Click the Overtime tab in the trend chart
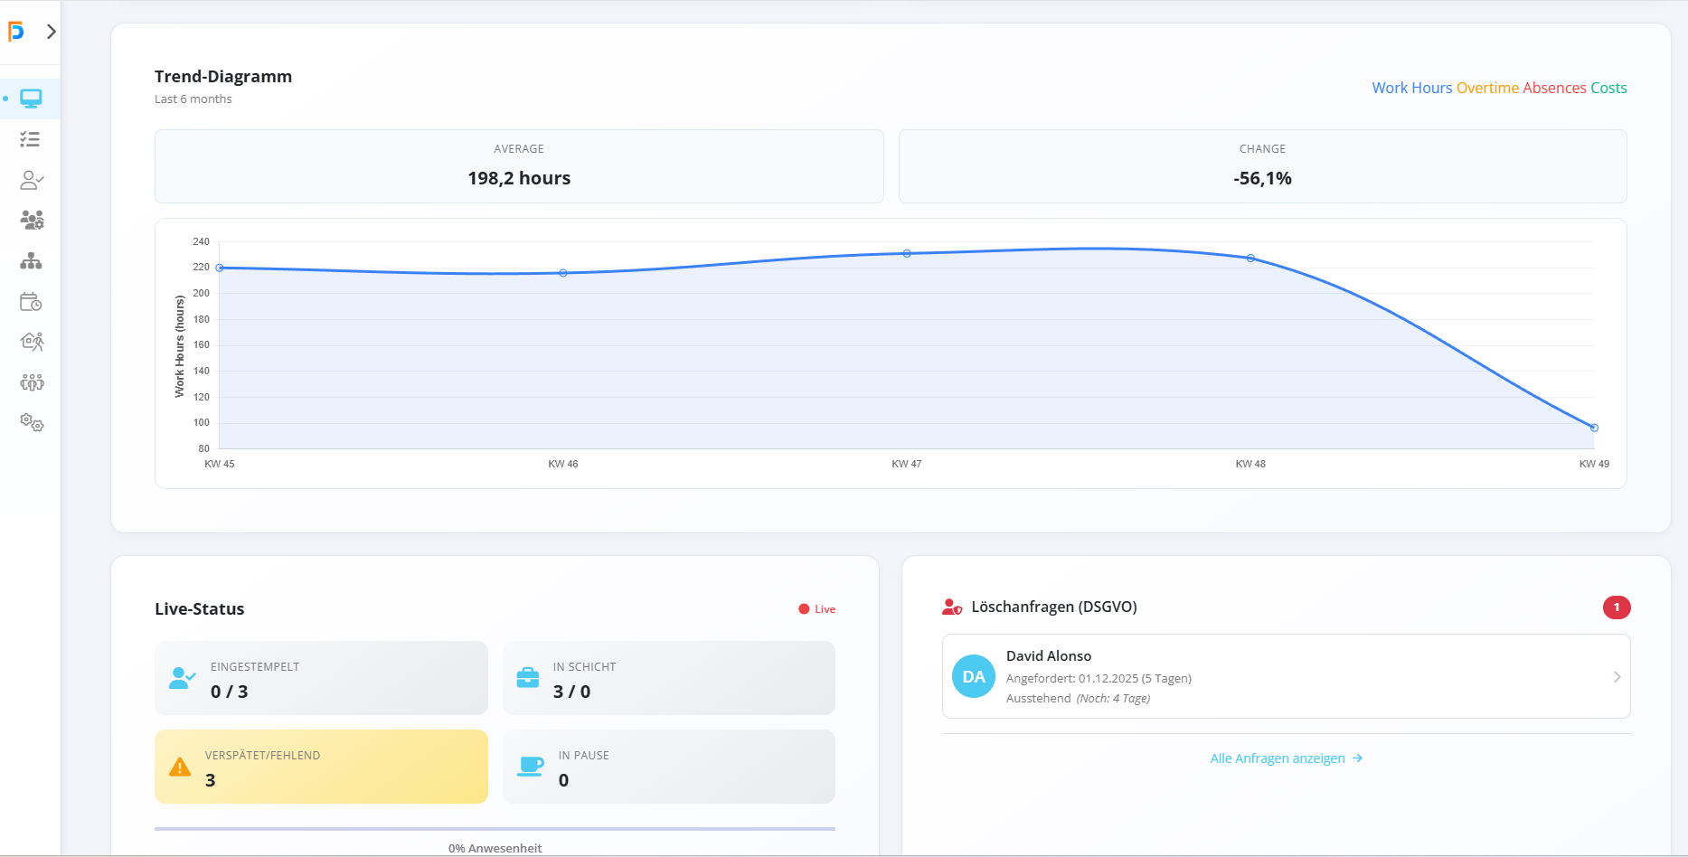click(x=1488, y=88)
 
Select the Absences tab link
click(x=1554, y=88)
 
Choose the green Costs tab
click(x=1608, y=88)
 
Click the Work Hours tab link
click(x=1411, y=88)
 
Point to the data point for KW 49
click(x=1594, y=428)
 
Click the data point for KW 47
click(x=907, y=254)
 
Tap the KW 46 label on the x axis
click(x=562, y=464)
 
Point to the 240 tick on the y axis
click(x=201, y=241)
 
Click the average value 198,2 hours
click(x=519, y=178)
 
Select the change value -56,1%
click(x=1262, y=178)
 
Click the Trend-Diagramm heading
click(x=223, y=77)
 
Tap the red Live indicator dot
click(x=804, y=609)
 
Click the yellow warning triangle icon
click(x=180, y=768)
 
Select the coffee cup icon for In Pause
click(x=530, y=768)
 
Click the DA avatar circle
click(x=974, y=676)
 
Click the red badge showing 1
click(x=1617, y=607)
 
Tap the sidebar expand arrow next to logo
click(x=52, y=32)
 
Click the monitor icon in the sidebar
click(x=32, y=99)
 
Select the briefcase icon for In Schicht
click(x=528, y=678)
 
